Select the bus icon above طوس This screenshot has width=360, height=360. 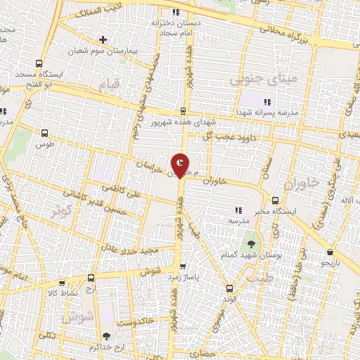46,132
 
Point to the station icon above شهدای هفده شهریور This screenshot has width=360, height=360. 184,110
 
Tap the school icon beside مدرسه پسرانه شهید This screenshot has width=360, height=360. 266,103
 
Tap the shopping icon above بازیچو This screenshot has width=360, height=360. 330,251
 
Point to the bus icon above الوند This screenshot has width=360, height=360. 229,288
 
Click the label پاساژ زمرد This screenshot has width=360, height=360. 185,278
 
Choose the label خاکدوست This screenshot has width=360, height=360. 136,323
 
